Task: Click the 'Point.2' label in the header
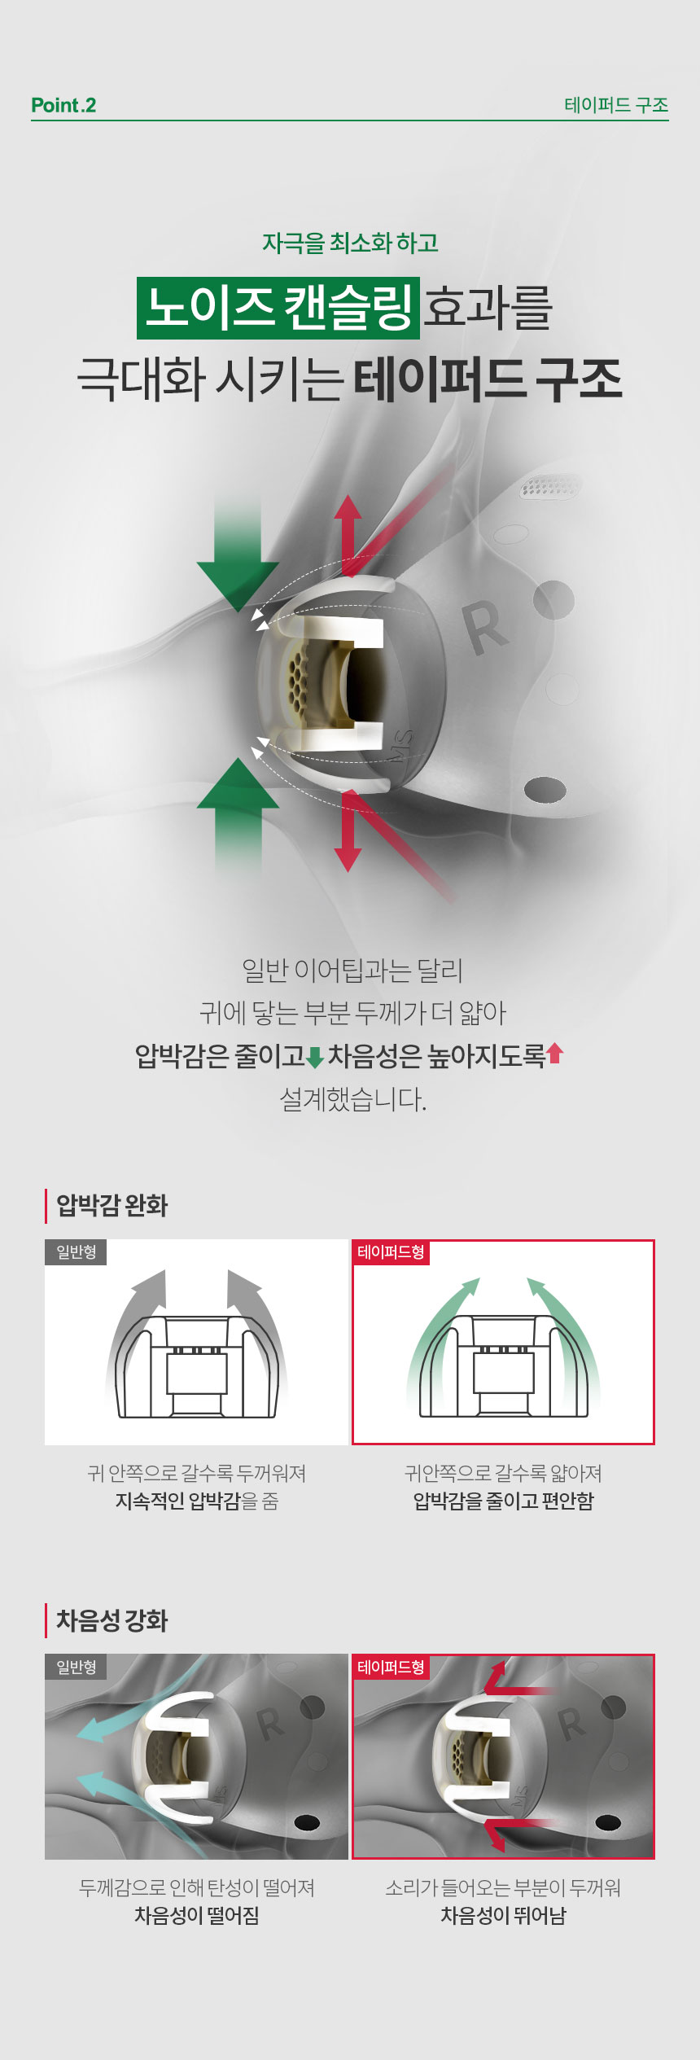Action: pos(63,105)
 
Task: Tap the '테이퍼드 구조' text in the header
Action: pos(616,105)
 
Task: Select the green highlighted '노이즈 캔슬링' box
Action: pos(278,308)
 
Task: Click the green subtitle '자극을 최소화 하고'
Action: pos(350,243)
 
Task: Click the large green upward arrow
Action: pos(238,814)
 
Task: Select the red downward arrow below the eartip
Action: pos(348,831)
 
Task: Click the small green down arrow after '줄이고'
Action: pos(315,1057)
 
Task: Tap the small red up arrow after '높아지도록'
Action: pos(555,1054)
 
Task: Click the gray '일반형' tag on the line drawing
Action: pos(76,1251)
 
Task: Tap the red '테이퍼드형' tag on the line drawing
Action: pos(391,1251)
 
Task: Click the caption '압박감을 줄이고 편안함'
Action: pos(503,1501)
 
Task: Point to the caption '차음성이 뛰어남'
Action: pos(503,1916)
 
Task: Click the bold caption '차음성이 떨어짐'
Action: pos(196,1916)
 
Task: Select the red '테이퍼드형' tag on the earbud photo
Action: pos(391,1667)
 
